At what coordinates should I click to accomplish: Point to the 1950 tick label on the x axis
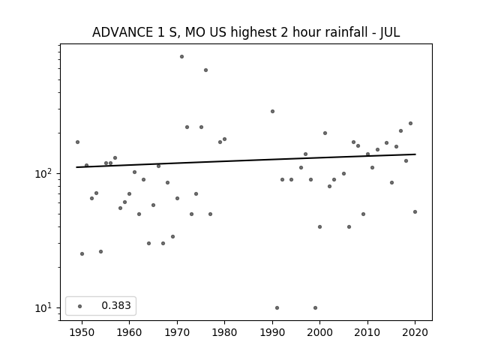click(82, 332)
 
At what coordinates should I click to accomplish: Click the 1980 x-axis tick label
click(224, 332)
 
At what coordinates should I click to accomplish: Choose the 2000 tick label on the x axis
click(320, 332)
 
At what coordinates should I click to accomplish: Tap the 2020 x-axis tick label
click(415, 332)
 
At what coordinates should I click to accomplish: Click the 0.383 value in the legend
click(116, 305)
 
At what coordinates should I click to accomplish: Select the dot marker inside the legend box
click(80, 306)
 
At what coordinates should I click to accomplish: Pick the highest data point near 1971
click(181, 57)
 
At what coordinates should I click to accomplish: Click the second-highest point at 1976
click(205, 70)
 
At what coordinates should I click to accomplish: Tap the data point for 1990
click(272, 112)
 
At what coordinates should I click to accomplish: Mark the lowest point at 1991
click(277, 307)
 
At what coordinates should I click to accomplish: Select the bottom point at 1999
click(315, 307)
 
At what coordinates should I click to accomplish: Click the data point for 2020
click(415, 211)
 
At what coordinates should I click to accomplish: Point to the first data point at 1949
click(77, 142)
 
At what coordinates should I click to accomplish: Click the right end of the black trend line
click(415, 154)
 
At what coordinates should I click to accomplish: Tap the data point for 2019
click(410, 123)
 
